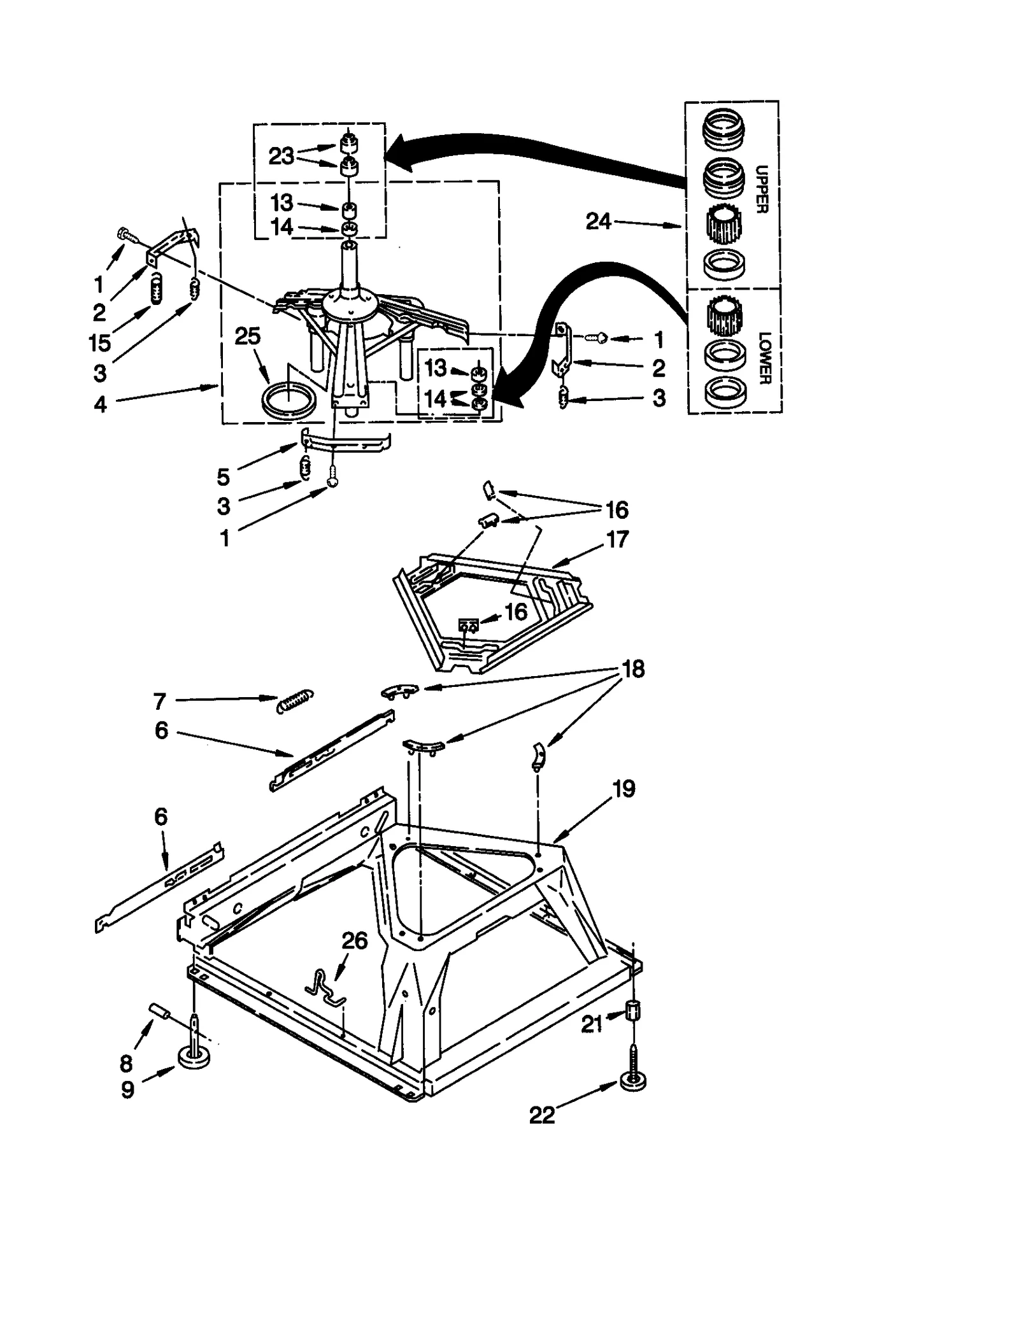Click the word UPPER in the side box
tap(762, 189)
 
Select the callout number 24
tap(598, 222)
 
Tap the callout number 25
tap(247, 336)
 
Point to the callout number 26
tap(355, 940)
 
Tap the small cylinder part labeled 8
tap(157, 1011)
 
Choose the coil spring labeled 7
tap(294, 701)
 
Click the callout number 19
tap(624, 789)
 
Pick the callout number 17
tap(617, 539)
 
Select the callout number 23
tap(281, 156)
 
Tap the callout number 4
tap(101, 404)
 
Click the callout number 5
tap(223, 476)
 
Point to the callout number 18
tap(632, 669)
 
